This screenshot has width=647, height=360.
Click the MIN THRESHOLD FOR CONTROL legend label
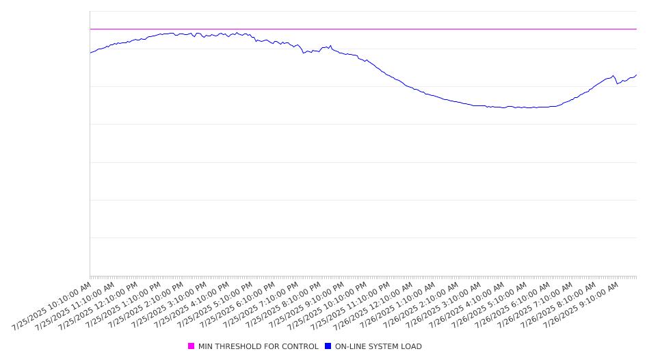click(259, 346)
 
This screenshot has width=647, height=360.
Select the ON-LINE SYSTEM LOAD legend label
click(378, 346)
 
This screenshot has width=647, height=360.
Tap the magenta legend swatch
click(191, 346)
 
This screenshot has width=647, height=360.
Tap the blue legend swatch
click(328, 346)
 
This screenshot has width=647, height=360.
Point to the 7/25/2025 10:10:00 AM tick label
click(51, 306)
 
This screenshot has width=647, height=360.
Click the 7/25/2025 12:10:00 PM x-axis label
click(98, 306)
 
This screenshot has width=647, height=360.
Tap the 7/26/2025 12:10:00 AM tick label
click(373, 306)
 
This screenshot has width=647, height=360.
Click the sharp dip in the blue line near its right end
click(618, 83)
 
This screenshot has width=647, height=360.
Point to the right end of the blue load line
click(637, 75)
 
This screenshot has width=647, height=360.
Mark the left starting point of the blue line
click(90, 53)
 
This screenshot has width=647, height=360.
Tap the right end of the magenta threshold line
click(637, 29)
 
